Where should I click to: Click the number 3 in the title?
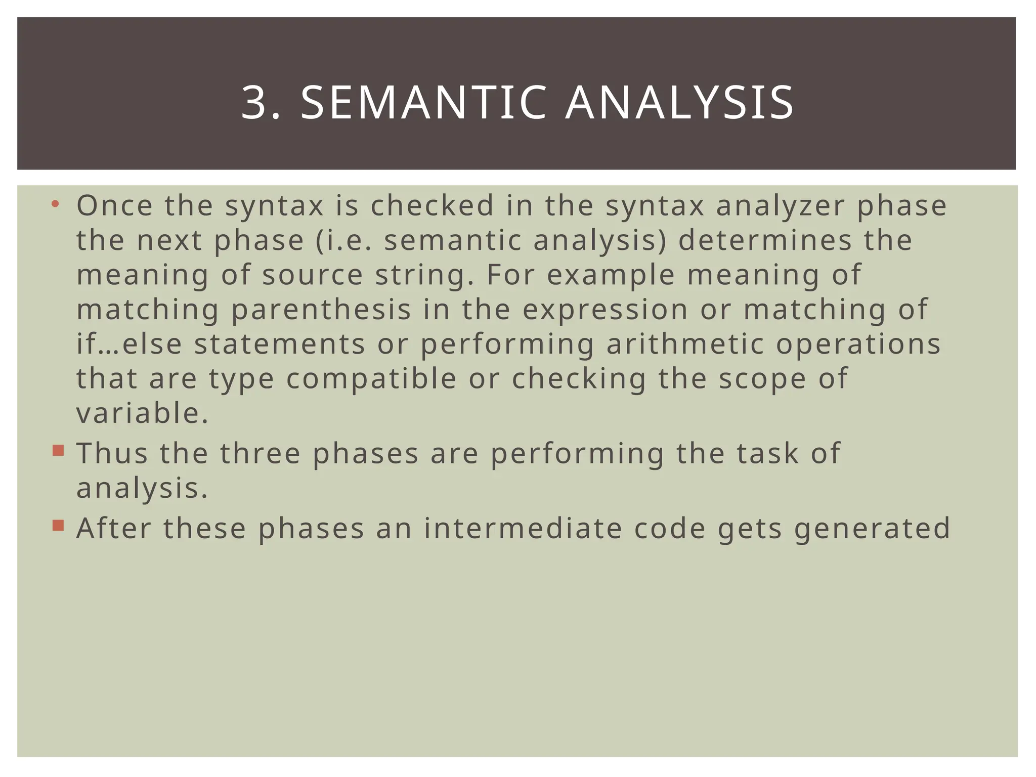[255, 103]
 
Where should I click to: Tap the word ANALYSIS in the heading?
[679, 103]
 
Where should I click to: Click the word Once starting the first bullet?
[115, 206]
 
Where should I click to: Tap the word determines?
[765, 240]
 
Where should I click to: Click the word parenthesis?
[321, 310]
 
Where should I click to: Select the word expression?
[605, 310]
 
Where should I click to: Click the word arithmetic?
[685, 344]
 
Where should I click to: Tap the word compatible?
[371, 379]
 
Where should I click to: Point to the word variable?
[142, 413]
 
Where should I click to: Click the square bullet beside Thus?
[58, 450]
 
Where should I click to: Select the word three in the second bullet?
[261, 453]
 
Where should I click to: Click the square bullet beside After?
[58, 526]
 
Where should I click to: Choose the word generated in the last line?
[872, 530]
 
